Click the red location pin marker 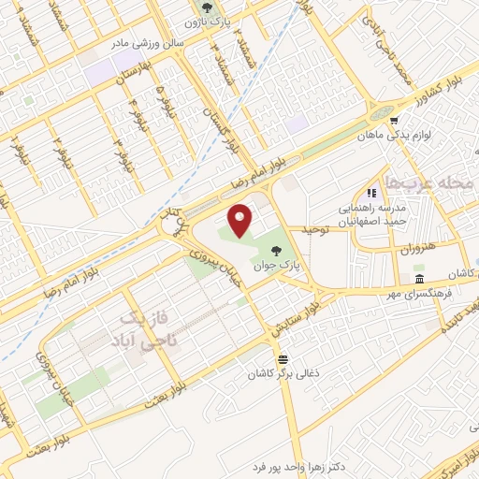[240, 220]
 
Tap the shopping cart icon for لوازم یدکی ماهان [394, 120]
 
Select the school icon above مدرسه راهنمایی [384, 193]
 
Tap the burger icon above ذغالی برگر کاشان [283, 359]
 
